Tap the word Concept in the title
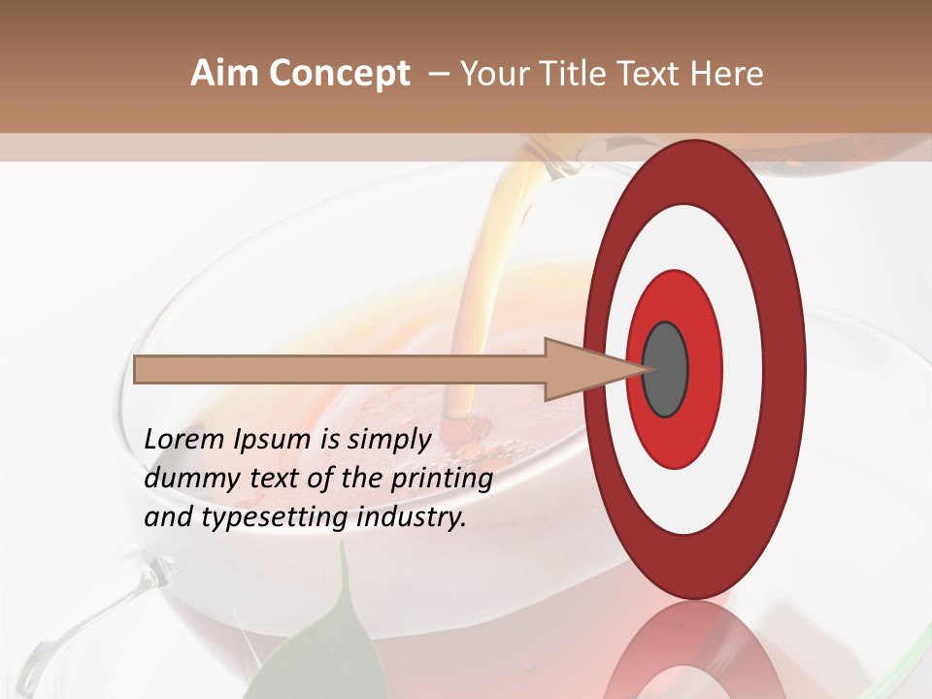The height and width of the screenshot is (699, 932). coord(339,74)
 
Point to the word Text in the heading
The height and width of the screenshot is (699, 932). coord(653,74)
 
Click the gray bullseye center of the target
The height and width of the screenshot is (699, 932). coord(666,369)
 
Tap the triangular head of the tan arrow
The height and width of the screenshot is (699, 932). coord(582,369)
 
